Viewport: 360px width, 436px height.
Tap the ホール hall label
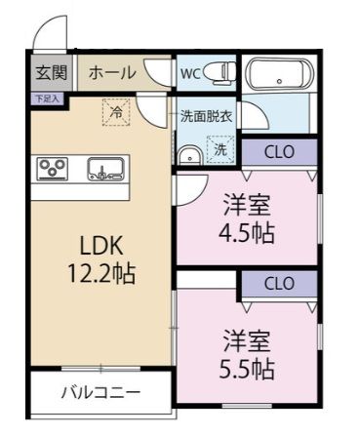pyautogui.click(x=112, y=73)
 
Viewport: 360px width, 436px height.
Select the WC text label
pyautogui.click(x=190, y=71)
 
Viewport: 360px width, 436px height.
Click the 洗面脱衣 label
pyautogui.click(x=206, y=116)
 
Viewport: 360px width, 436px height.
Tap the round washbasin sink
pyautogui.click(x=187, y=153)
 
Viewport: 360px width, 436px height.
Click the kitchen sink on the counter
pyautogui.click(x=102, y=169)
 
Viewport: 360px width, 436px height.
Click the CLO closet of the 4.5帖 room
pyautogui.click(x=279, y=151)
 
